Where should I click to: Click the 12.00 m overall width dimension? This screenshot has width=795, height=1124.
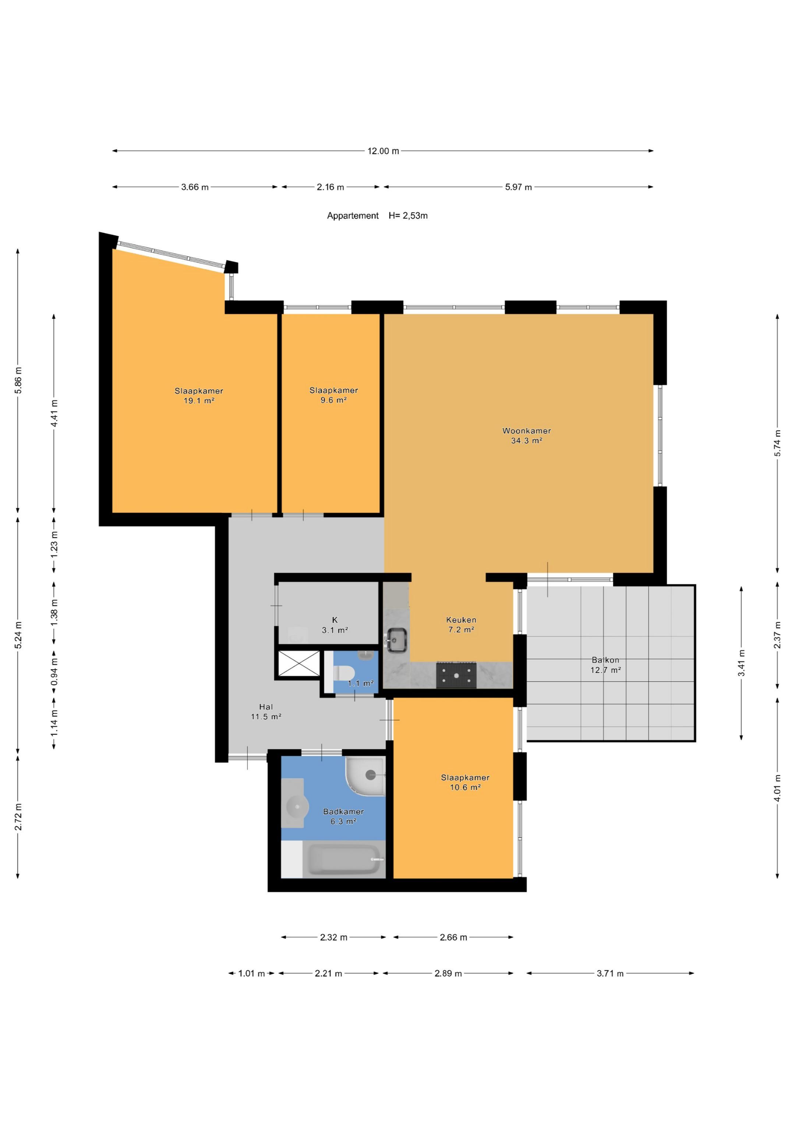tap(383, 151)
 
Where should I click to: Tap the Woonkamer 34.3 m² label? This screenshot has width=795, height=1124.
tap(527, 436)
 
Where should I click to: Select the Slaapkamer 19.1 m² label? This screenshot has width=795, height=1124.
tap(199, 396)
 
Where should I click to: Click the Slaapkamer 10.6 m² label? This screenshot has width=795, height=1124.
tap(465, 782)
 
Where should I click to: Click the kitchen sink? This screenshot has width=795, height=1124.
tap(396, 640)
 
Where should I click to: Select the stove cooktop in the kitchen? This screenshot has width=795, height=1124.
tap(456, 675)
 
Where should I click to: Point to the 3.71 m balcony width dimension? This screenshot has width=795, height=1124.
tap(610, 973)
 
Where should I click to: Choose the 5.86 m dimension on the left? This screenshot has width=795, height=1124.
tap(18, 380)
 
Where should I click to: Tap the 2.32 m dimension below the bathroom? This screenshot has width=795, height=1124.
tap(333, 937)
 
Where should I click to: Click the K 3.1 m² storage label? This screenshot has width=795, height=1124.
tap(335, 625)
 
